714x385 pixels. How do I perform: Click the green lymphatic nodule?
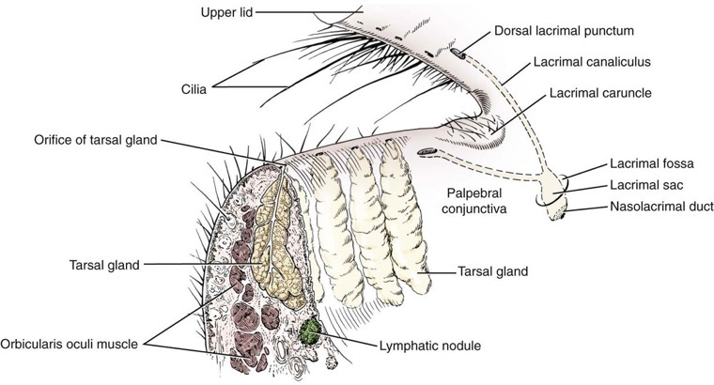[312, 331]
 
